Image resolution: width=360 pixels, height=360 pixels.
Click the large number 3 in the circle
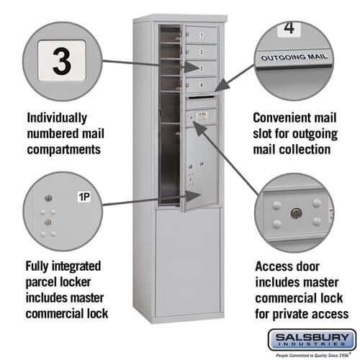[x=62, y=63]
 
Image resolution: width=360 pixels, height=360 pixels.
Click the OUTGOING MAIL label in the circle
[x=294, y=56]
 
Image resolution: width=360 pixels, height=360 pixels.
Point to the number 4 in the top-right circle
[x=289, y=30]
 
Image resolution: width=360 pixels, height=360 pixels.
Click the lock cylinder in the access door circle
[x=295, y=213]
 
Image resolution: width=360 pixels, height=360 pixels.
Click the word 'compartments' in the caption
[x=63, y=150]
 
